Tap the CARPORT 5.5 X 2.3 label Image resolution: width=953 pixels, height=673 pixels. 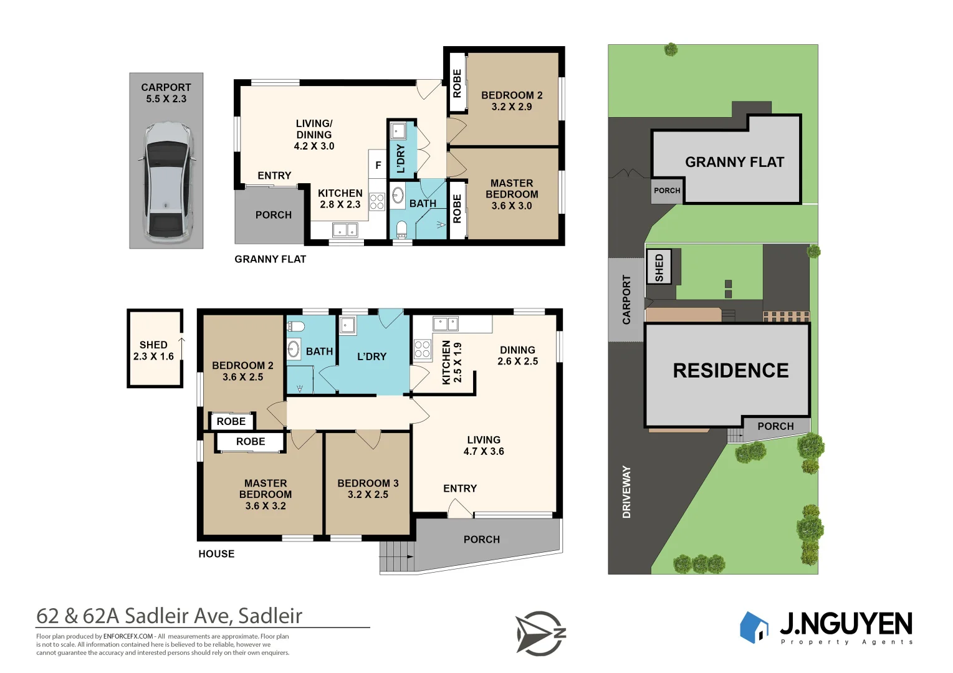166,93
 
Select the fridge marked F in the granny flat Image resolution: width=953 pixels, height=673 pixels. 378,166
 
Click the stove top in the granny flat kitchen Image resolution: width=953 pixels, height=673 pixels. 377,201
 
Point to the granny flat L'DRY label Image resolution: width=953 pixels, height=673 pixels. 401,158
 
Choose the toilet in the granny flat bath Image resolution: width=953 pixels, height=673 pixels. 401,229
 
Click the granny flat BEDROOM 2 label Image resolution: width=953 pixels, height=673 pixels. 512,101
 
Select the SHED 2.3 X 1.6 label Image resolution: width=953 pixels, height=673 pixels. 153,351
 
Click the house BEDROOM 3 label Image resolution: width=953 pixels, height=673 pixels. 368,489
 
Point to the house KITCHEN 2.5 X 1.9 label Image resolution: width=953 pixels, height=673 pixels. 451,362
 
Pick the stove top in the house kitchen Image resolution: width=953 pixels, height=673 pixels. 422,349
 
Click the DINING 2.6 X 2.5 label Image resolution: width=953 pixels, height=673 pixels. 517,356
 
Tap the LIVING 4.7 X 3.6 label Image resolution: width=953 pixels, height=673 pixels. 484,446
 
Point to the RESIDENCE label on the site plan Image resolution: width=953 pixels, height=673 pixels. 730,371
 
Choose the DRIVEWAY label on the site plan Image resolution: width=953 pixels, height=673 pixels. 626,492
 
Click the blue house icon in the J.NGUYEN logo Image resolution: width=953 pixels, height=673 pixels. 754,627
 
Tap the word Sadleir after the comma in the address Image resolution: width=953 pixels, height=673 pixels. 270,616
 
